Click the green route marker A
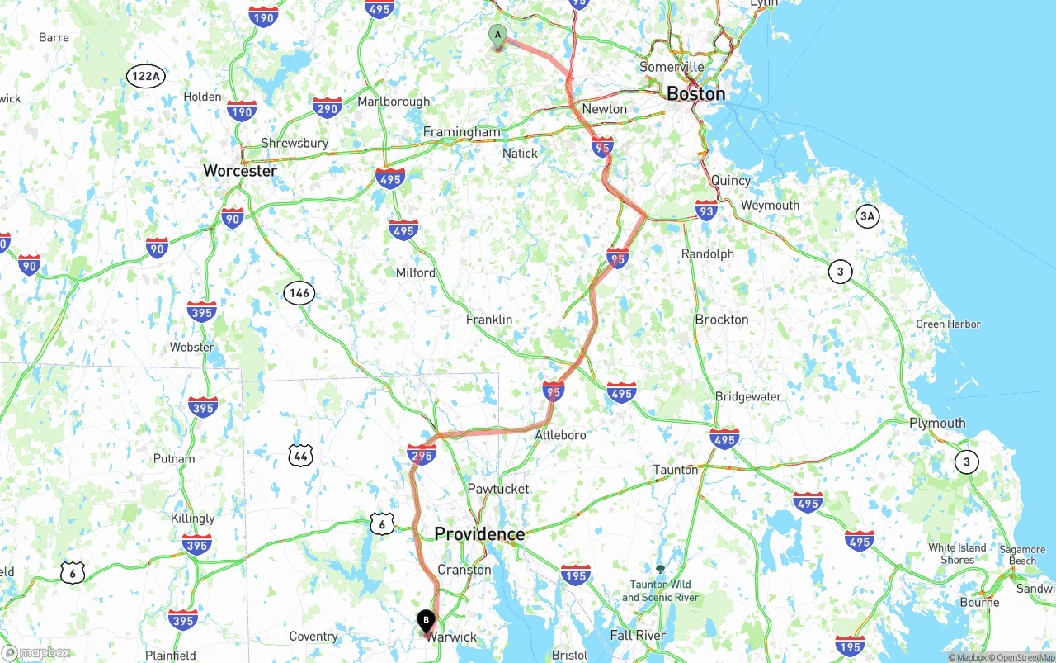(497, 36)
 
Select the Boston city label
(695, 93)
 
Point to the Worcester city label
(240, 171)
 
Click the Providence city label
(479, 534)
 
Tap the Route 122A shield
(146, 77)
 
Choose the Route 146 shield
(299, 292)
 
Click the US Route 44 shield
(301, 455)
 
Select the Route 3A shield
(866, 216)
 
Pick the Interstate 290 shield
(328, 107)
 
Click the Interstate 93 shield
(706, 211)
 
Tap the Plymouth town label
(937, 423)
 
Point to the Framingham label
(461, 132)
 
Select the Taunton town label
(676, 470)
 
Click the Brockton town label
(722, 320)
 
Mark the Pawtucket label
(498, 489)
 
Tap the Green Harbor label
(948, 324)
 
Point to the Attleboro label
(560, 435)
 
